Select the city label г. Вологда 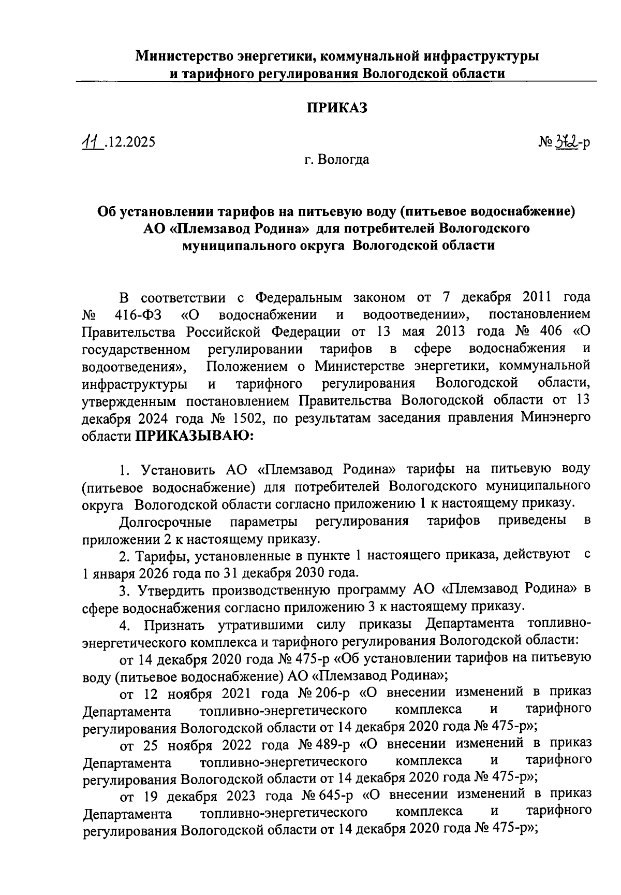click(336, 160)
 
